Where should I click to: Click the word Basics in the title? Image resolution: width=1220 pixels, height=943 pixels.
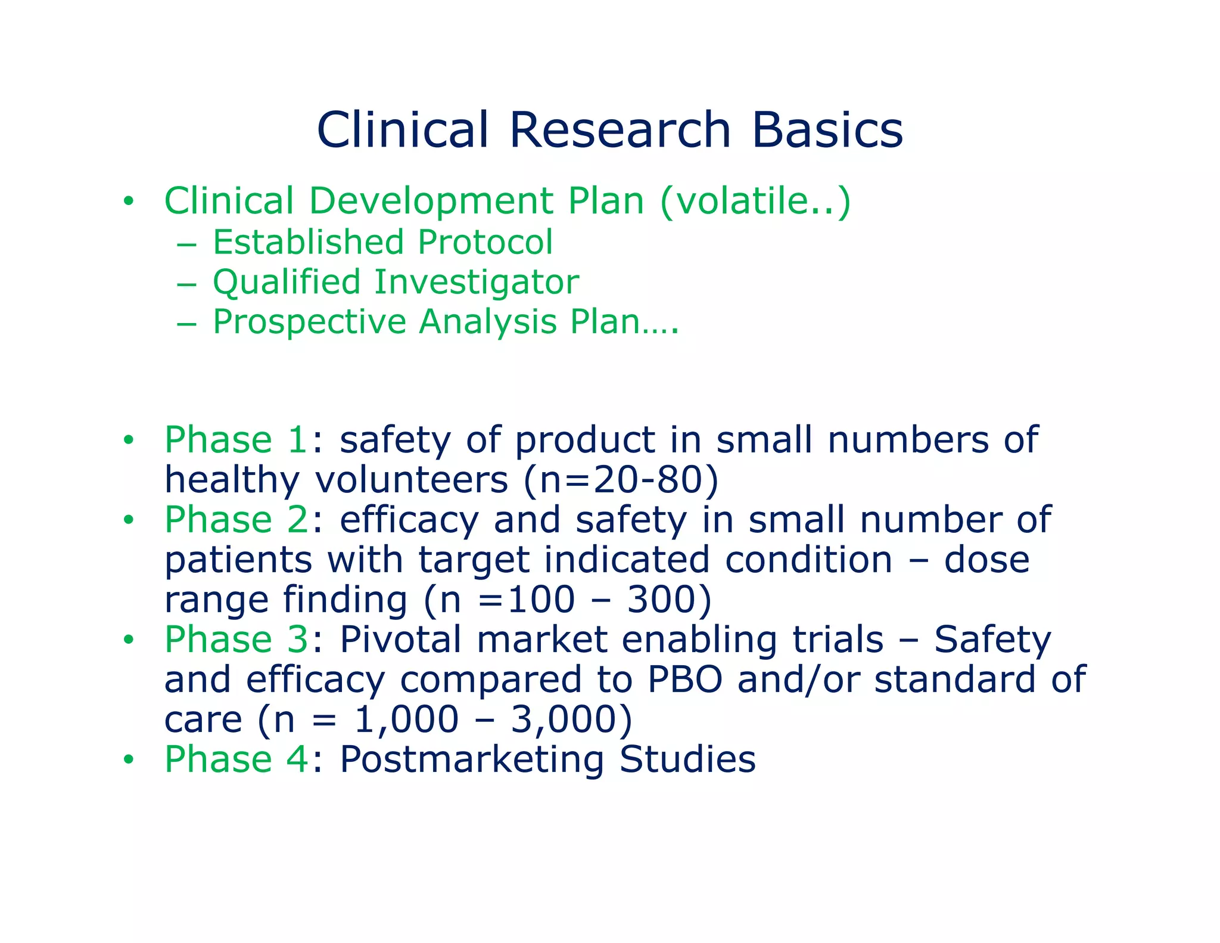tap(827, 130)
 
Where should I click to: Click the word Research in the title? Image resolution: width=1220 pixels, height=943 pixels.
tap(620, 130)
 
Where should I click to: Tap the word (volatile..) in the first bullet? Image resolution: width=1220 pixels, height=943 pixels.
tap(755, 201)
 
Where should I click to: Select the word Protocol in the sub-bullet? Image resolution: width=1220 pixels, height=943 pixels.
tap(485, 243)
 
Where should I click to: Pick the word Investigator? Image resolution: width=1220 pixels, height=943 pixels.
tap(476, 282)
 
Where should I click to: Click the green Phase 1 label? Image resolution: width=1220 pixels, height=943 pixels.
tap(236, 440)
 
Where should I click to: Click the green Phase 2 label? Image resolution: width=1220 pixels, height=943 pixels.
tap(236, 520)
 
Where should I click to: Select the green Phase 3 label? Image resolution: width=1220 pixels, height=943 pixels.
tap(236, 640)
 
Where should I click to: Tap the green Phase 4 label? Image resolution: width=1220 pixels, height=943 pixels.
tap(236, 759)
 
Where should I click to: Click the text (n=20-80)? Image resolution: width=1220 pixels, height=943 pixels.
tap(621, 480)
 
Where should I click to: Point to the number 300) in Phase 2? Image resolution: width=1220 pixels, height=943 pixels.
tap(669, 600)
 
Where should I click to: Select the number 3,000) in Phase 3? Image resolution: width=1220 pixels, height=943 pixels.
tap(571, 719)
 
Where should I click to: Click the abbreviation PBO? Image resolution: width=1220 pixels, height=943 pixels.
tap(684, 680)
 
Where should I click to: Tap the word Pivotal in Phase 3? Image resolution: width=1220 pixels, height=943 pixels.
tap(400, 640)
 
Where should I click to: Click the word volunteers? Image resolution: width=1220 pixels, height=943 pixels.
tap(411, 480)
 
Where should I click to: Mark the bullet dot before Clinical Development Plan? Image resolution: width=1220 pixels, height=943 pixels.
tap(128, 201)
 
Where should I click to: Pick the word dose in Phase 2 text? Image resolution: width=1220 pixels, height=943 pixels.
tap(986, 560)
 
